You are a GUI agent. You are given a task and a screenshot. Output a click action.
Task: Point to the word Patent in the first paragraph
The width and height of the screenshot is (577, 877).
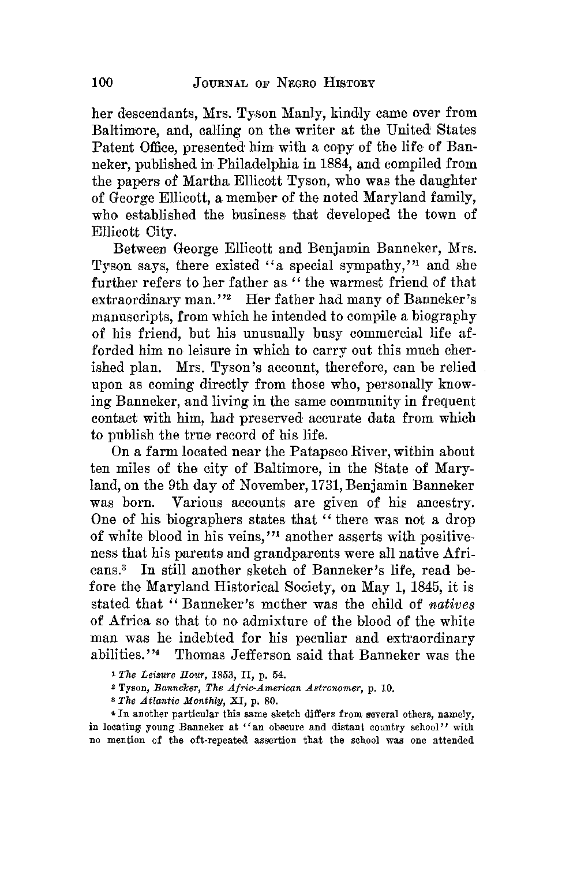(112, 147)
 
